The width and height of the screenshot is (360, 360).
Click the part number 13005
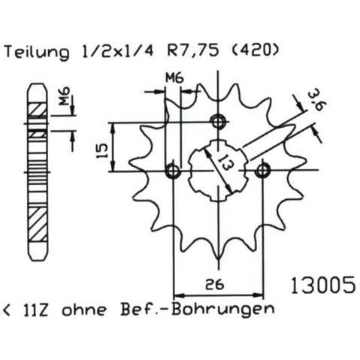322,285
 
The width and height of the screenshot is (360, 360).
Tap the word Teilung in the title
37,53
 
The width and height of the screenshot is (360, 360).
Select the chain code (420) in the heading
253,50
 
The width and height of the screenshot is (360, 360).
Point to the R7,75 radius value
193,51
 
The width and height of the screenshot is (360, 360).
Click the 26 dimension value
214,285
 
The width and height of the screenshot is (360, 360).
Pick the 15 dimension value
102,151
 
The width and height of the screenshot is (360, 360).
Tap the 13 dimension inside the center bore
225,162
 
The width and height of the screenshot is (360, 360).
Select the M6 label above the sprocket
174,78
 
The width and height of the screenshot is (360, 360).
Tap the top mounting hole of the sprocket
218,123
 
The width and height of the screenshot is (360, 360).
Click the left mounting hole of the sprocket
173,171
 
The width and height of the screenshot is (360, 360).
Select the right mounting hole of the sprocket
262,171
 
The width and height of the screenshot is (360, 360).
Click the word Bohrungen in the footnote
222,310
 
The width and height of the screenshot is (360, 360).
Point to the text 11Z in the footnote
36,310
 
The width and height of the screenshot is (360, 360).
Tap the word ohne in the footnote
84,310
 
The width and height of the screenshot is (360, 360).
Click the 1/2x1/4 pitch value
118,51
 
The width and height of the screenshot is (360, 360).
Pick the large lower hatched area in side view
38,225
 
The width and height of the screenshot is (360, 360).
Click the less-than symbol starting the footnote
7,310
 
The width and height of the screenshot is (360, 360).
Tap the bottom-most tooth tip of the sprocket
219,259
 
